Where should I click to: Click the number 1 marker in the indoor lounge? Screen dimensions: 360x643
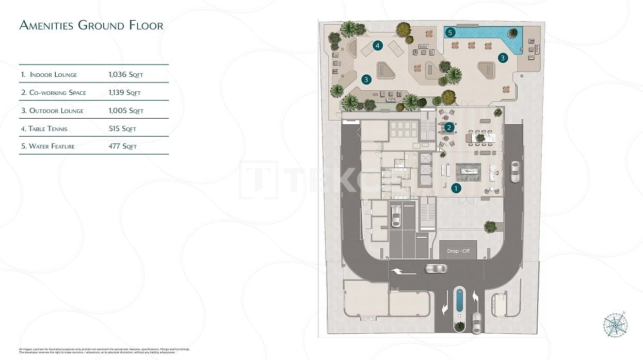456,188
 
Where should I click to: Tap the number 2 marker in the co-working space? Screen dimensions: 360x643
449,127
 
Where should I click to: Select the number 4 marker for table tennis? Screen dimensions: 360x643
378,46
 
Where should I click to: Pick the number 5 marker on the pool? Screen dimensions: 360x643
451,32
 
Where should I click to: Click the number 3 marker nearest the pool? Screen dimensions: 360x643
502,58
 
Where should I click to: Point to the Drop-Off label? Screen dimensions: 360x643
458,251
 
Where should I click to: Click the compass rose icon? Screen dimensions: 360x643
615,325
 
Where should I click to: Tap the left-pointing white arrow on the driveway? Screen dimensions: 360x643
397,271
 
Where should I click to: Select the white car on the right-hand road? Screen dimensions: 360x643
515,172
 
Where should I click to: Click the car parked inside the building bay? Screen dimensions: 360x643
396,216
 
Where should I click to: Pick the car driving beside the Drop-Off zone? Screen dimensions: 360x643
436,268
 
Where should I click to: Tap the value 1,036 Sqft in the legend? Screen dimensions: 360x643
125,75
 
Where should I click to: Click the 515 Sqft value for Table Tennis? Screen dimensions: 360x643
122,129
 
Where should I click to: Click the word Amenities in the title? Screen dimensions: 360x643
46,25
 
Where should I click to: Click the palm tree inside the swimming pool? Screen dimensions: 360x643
513,34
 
